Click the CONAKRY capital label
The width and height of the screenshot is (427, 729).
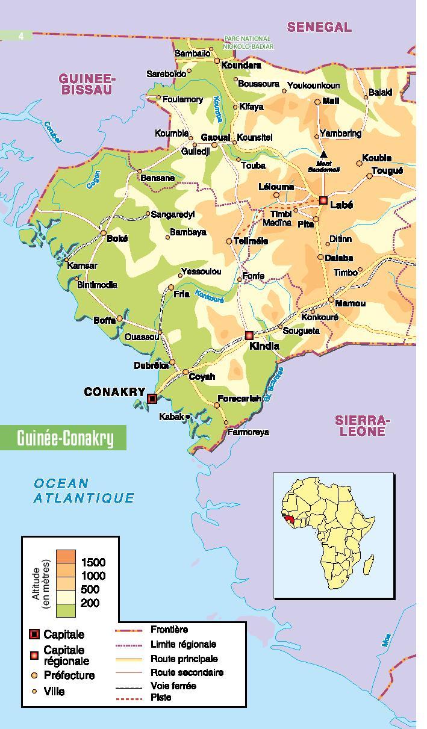(x=114, y=392)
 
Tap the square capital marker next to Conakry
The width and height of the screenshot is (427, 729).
(x=152, y=399)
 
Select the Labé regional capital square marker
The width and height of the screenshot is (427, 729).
(x=323, y=200)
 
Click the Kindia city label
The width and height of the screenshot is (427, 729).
(x=264, y=346)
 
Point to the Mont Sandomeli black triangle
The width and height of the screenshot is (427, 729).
(x=324, y=155)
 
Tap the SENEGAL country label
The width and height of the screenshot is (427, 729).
(x=319, y=27)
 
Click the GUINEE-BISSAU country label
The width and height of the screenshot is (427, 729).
(x=87, y=84)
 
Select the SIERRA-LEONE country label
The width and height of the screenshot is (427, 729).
(x=360, y=426)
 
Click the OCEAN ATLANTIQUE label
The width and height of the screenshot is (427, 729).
(x=84, y=491)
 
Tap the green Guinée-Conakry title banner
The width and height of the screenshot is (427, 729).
(x=64, y=438)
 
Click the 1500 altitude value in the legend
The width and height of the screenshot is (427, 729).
(x=93, y=562)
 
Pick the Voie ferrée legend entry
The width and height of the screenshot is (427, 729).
(x=173, y=686)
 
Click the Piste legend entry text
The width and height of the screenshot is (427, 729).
(x=161, y=698)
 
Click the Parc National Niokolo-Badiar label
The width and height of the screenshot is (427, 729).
(x=248, y=42)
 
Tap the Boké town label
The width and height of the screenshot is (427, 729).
(x=117, y=238)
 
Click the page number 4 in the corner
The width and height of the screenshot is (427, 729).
(x=21, y=36)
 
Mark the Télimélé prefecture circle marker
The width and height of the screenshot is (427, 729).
(x=229, y=241)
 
